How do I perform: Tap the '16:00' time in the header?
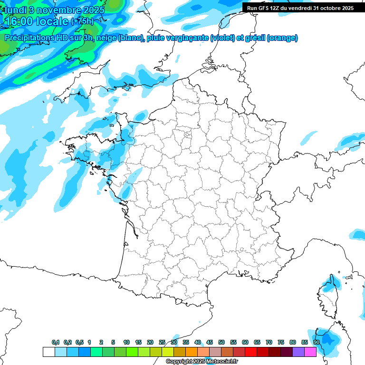coord(20,21)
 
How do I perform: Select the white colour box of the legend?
coord(48,352)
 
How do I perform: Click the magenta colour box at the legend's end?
coord(310,352)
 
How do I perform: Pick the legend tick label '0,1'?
coord(55,342)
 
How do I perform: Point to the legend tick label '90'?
coord(316,342)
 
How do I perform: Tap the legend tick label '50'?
coord(221,342)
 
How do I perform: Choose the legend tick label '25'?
coord(162,342)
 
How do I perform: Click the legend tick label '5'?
coord(113,342)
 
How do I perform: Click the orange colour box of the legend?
coord(192,352)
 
